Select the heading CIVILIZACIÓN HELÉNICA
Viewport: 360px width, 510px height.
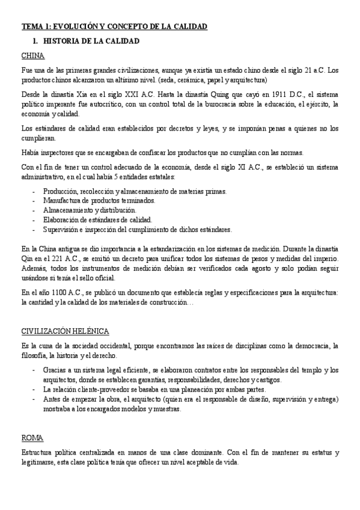point(64,331)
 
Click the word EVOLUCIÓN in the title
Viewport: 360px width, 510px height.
point(79,26)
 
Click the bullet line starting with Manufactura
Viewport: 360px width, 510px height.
point(99,200)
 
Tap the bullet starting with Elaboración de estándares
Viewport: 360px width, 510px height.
point(97,220)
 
